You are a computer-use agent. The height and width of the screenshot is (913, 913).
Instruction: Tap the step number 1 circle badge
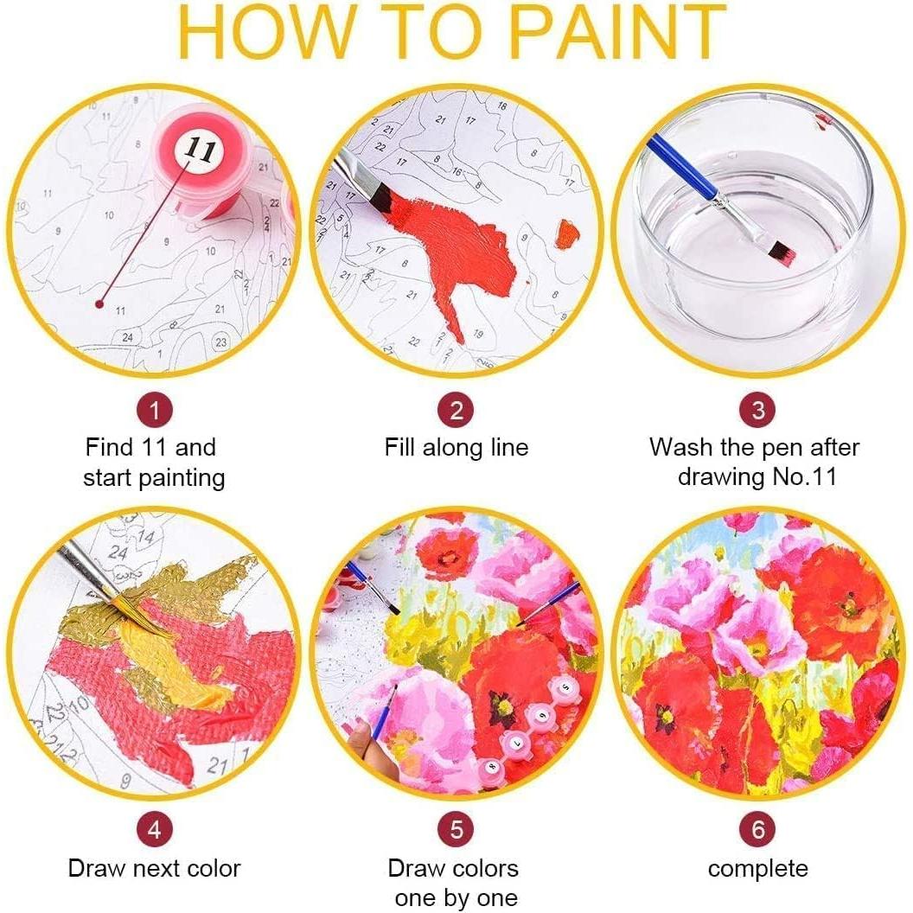[154, 409]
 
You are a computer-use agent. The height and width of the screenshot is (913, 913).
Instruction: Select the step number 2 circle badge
[456, 409]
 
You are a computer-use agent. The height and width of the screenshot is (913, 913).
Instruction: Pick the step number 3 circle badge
[757, 409]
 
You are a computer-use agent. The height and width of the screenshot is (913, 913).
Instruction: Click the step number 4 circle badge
[154, 830]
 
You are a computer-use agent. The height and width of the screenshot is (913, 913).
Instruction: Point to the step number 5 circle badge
[456, 830]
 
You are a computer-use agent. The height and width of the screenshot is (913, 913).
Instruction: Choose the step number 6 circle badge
[757, 830]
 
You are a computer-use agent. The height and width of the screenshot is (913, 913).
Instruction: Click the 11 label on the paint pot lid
[199, 150]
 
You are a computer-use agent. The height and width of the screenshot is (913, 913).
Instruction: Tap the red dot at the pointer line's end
[101, 304]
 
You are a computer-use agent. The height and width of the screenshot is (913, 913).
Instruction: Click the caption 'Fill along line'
[456, 448]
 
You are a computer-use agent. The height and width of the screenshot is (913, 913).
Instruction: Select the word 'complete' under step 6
[757, 869]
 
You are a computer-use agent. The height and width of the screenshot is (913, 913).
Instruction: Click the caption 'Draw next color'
[154, 869]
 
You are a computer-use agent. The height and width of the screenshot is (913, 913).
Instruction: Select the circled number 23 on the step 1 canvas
[221, 342]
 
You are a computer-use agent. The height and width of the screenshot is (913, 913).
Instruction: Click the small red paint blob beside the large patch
[566, 232]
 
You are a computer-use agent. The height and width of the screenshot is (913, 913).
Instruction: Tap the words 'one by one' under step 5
[456, 897]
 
